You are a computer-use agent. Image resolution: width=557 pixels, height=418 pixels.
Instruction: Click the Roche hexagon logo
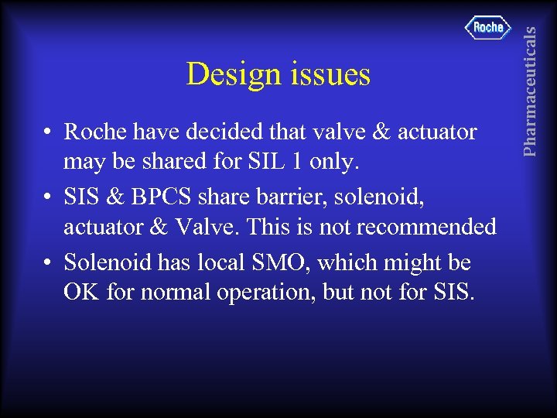pyautogui.click(x=488, y=27)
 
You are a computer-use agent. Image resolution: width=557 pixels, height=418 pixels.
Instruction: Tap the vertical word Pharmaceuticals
pyautogui.click(x=530, y=80)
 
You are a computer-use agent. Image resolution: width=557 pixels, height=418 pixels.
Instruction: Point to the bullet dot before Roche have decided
pyautogui.click(x=48, y=133)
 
